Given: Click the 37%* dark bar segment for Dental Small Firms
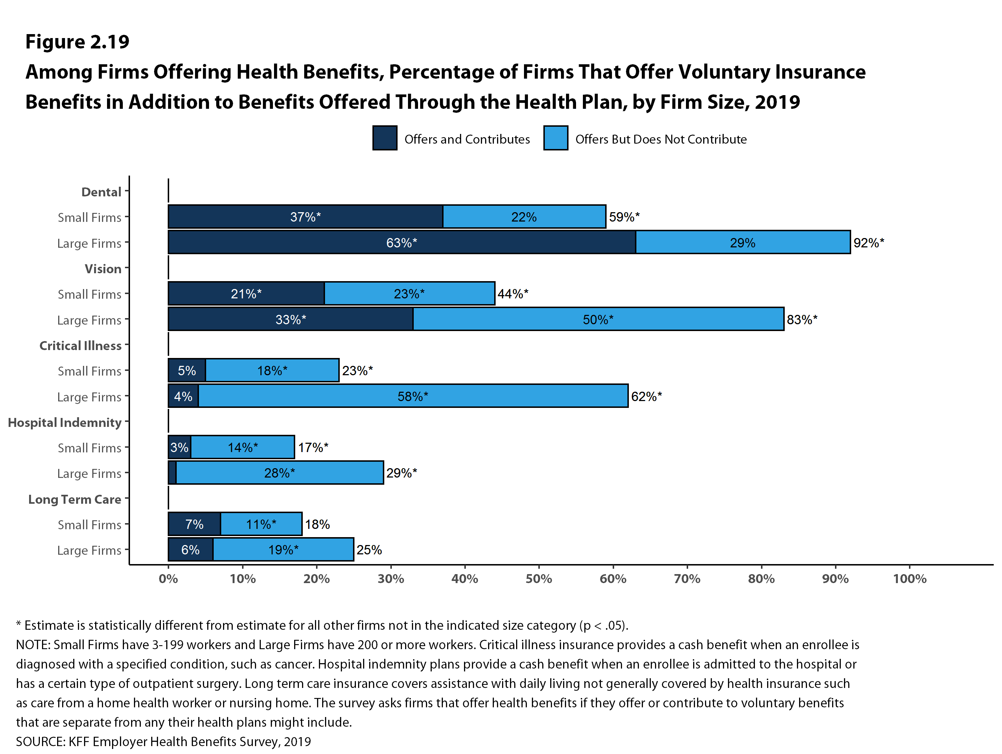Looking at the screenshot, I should tap(305, 217).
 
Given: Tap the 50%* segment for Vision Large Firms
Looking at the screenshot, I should tap(598, 319).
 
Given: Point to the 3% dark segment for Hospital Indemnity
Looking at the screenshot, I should tap(179, 447).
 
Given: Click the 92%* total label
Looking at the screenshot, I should tap(868, 243).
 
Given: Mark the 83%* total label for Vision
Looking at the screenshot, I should tap(802, 320).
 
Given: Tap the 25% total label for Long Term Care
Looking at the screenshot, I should tap(369, 550).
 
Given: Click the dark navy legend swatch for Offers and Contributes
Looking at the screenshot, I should tap(385, 138).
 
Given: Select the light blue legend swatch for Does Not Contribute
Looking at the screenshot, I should tap(555, 138).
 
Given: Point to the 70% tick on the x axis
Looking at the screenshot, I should tap(687, 579).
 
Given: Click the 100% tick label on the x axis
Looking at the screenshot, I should tap(909, 579).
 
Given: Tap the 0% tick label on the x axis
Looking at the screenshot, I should tap(168, 579).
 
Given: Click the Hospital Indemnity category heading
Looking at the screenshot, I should tap(65, 423).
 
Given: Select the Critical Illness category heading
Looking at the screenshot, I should tap(80, 345).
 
